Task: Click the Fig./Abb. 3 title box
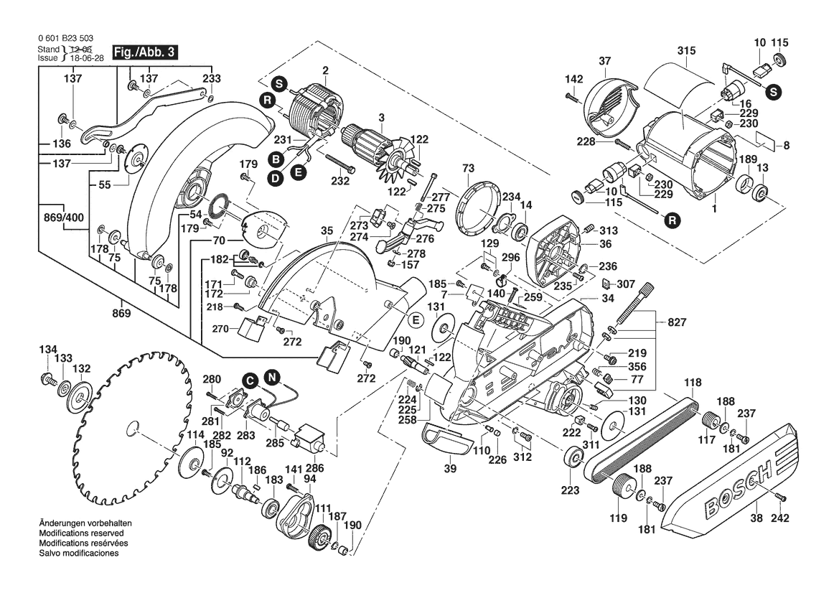coord(142,52)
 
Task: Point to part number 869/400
coord(63,216)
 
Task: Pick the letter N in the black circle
coord(272,375)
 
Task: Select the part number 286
coord(315,467)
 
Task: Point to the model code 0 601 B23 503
coord(65,39)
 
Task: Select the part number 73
coord(469,167)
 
